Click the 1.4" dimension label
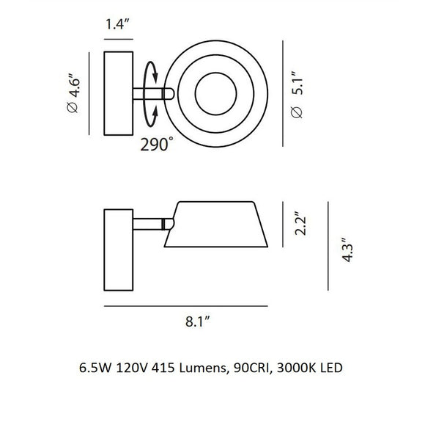pos(117,23)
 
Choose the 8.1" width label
pos(199,320)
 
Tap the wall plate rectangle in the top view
pos(118,93)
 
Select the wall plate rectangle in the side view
pos(118,249)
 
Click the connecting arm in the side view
pos(149,222)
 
